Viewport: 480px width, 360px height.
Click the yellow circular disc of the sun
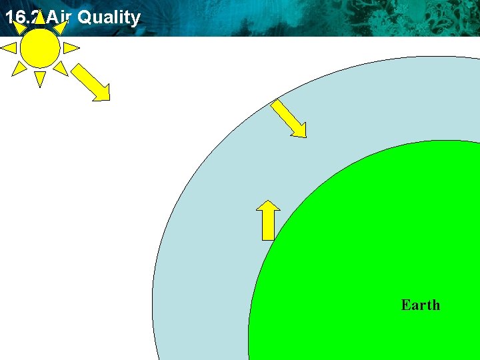(x=40, y=48)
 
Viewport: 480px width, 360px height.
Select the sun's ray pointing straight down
(x=40, y=79)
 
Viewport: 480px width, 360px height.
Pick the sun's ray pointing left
(x=9, y=48)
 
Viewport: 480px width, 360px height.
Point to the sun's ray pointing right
(x=71, y=48)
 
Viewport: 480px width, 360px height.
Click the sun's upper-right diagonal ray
(x=61, y=27)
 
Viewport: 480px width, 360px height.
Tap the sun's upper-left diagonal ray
(x=19, y=27)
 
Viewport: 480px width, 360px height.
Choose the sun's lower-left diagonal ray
(x=19, y=68)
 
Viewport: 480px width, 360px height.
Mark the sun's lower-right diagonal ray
(x=61, y=68)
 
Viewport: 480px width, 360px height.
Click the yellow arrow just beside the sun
(x=90, y=82)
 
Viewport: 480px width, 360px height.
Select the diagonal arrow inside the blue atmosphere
(x=289, y=119)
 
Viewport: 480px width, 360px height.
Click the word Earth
(x=420, y=305)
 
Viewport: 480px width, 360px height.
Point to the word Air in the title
(x=59, y=17)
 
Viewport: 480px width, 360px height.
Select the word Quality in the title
(x=109, y=17)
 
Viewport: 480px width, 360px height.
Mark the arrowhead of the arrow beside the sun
(x=102, y=94)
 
